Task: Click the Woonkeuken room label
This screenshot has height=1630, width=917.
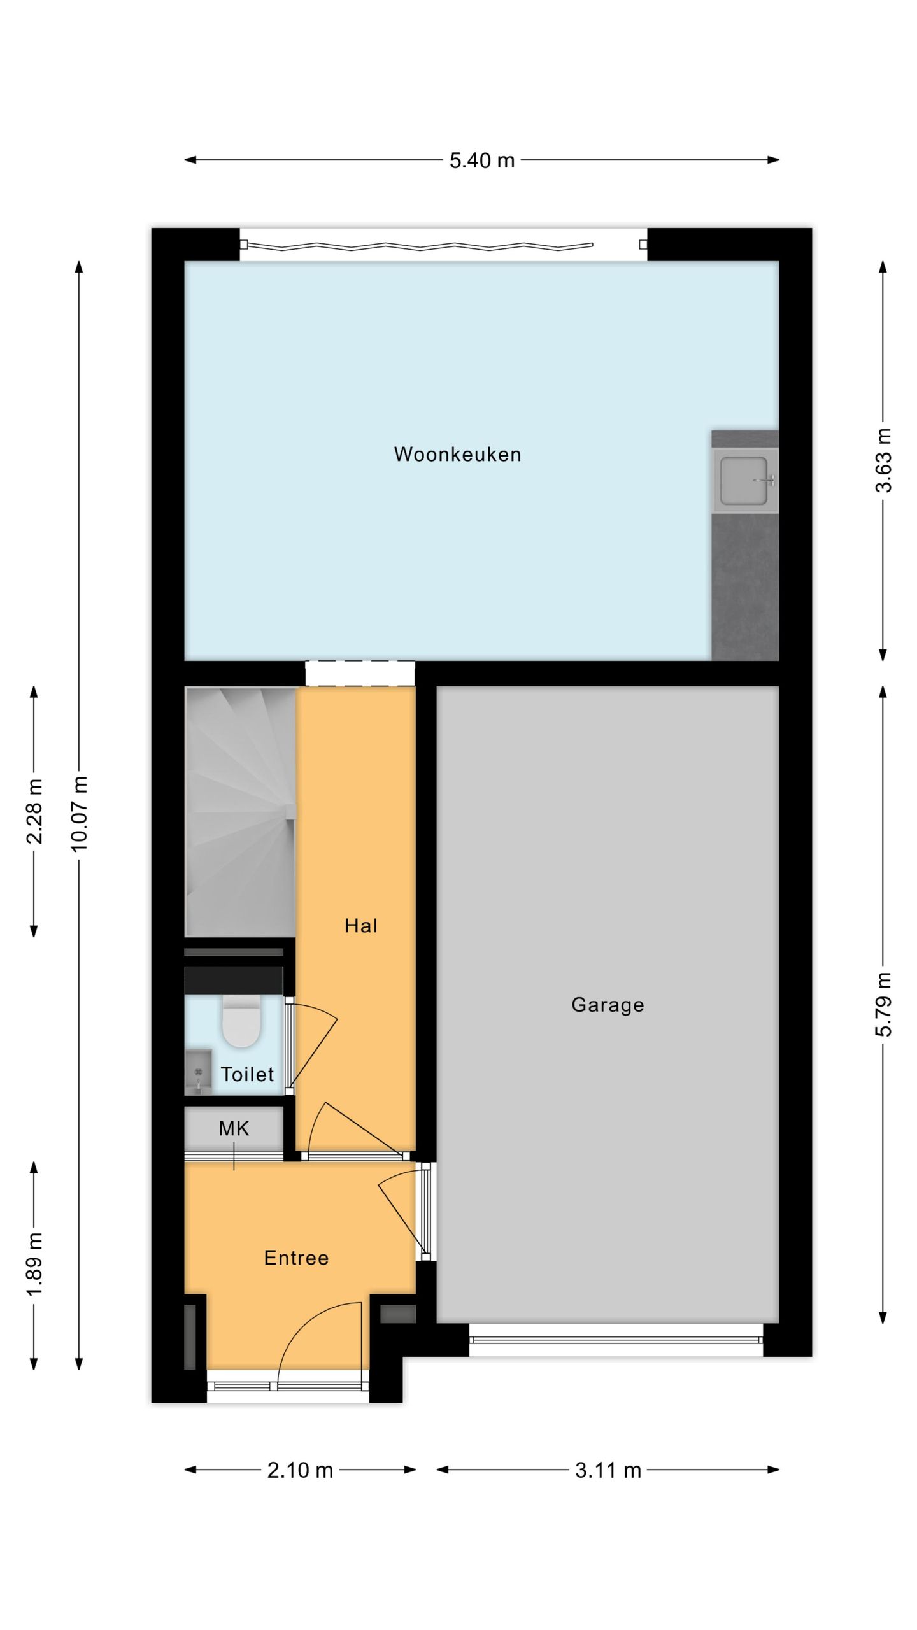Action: tap(457, 454)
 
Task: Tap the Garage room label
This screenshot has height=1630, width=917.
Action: tap(608, 1005)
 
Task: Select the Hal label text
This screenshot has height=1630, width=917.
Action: tap(361, 926)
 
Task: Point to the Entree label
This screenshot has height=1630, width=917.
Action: tap(296, 1258)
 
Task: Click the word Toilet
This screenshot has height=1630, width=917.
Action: tap(247, 1074)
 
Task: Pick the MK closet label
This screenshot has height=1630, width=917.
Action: tap(234, 1129)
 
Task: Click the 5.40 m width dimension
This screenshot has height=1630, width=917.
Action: tap(482, 160)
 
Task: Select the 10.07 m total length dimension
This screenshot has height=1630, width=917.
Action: tap(79, 814)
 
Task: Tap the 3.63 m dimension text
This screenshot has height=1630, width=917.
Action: tap(883, 460)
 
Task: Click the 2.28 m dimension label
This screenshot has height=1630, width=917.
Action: tap(34, 811)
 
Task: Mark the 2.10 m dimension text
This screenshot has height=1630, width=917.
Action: tap(300, 1470)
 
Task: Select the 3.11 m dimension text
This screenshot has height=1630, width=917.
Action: tap(608, 1470)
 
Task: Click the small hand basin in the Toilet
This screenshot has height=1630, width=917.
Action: tap(198, 1072)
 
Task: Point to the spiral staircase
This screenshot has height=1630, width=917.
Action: tap(240, 811)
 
